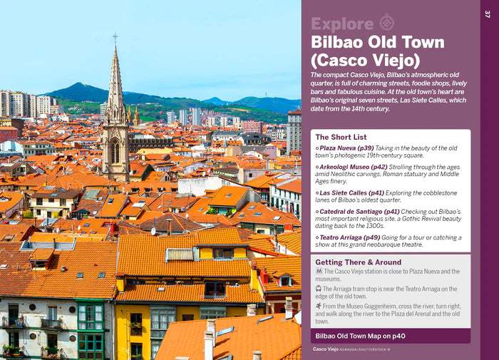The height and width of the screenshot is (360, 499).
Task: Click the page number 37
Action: point(487,14)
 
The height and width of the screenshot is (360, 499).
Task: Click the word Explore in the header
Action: point(342,24)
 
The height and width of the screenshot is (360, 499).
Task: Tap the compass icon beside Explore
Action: point(386,22)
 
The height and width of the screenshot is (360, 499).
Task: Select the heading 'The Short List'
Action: point(341,137)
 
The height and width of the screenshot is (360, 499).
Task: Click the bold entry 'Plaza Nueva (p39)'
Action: point(346,148)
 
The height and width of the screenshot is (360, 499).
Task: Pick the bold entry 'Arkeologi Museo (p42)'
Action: point(354,167)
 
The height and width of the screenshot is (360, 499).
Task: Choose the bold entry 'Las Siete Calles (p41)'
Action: point(351,193)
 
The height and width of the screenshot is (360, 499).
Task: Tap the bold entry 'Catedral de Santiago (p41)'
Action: point(359,212)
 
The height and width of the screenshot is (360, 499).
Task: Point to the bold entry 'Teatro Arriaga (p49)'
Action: point(350,237)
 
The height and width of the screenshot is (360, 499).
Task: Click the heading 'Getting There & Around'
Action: point(359,262)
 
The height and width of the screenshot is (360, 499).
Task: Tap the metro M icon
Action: point(319,271)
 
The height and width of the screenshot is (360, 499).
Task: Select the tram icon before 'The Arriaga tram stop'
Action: point(318,289)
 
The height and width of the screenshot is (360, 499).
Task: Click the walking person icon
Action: point(319,306)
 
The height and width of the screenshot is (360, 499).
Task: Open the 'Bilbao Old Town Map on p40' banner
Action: point(391,336)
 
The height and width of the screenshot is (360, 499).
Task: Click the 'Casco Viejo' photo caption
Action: point(325,349)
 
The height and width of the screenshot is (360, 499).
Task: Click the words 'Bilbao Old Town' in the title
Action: point(377,42)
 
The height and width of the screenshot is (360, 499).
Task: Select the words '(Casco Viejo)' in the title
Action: point(365,61)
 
